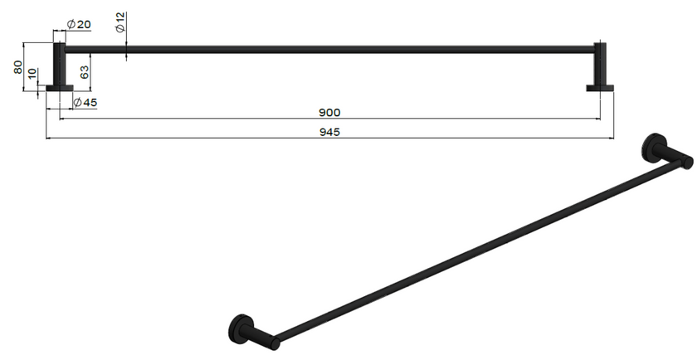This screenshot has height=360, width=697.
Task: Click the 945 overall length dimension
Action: [x=330, y=132]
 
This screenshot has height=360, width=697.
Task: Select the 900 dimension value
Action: [x=330, y=113]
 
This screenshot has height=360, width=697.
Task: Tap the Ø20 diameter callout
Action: [x=79, y=24]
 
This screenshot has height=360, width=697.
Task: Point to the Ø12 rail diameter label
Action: [x=120, y=22]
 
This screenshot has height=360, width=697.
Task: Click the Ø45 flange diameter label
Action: [x=85, y=103]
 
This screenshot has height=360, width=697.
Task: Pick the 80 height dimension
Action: [x=17, y=67]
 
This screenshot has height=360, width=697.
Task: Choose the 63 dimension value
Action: [x=85, y=72]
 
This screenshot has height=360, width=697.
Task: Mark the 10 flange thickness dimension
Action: [x=32, y=74]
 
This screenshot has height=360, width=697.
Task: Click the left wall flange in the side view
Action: [x=60, y=88]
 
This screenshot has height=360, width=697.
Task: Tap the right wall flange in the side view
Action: [x=600, y=88]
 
